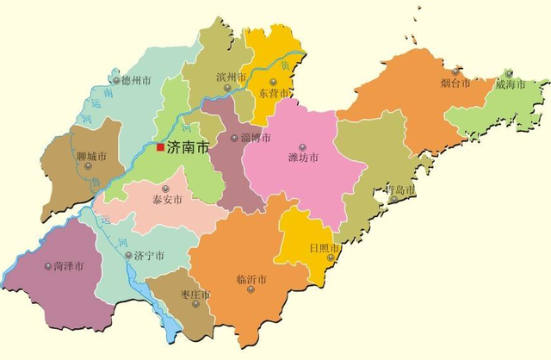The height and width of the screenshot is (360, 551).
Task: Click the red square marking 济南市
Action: [160, 147]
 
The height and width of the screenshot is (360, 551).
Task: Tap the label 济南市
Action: [188, 147]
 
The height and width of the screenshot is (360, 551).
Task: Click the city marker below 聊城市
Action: [88, 166]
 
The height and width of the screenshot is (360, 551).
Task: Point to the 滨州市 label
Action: [231, 78]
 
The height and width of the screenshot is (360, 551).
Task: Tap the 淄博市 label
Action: [256, 138]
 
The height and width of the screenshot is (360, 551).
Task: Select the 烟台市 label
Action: [455, 84]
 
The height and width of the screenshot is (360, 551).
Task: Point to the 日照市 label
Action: [325, 248]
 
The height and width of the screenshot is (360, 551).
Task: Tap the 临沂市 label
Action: [251, 280]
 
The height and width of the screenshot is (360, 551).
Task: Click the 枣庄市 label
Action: [195, 295]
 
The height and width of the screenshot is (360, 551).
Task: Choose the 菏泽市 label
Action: [68, 266]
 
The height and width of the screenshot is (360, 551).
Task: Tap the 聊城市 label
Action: [90, 156]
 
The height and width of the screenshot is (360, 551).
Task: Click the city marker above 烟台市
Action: [455, 72]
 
